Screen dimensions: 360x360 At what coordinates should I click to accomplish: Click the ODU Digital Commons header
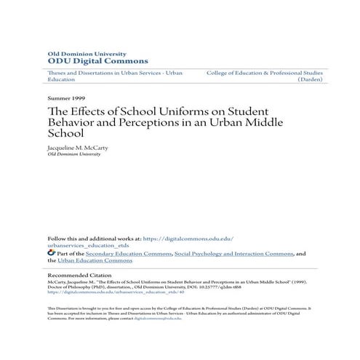(87, 61)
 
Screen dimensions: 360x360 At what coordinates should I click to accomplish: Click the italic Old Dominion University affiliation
(73, 154)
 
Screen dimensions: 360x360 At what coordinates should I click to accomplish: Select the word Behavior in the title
(71, 123)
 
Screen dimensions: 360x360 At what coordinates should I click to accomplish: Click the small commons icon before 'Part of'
(51, 253)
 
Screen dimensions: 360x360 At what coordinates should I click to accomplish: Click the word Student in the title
(247, 111)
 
